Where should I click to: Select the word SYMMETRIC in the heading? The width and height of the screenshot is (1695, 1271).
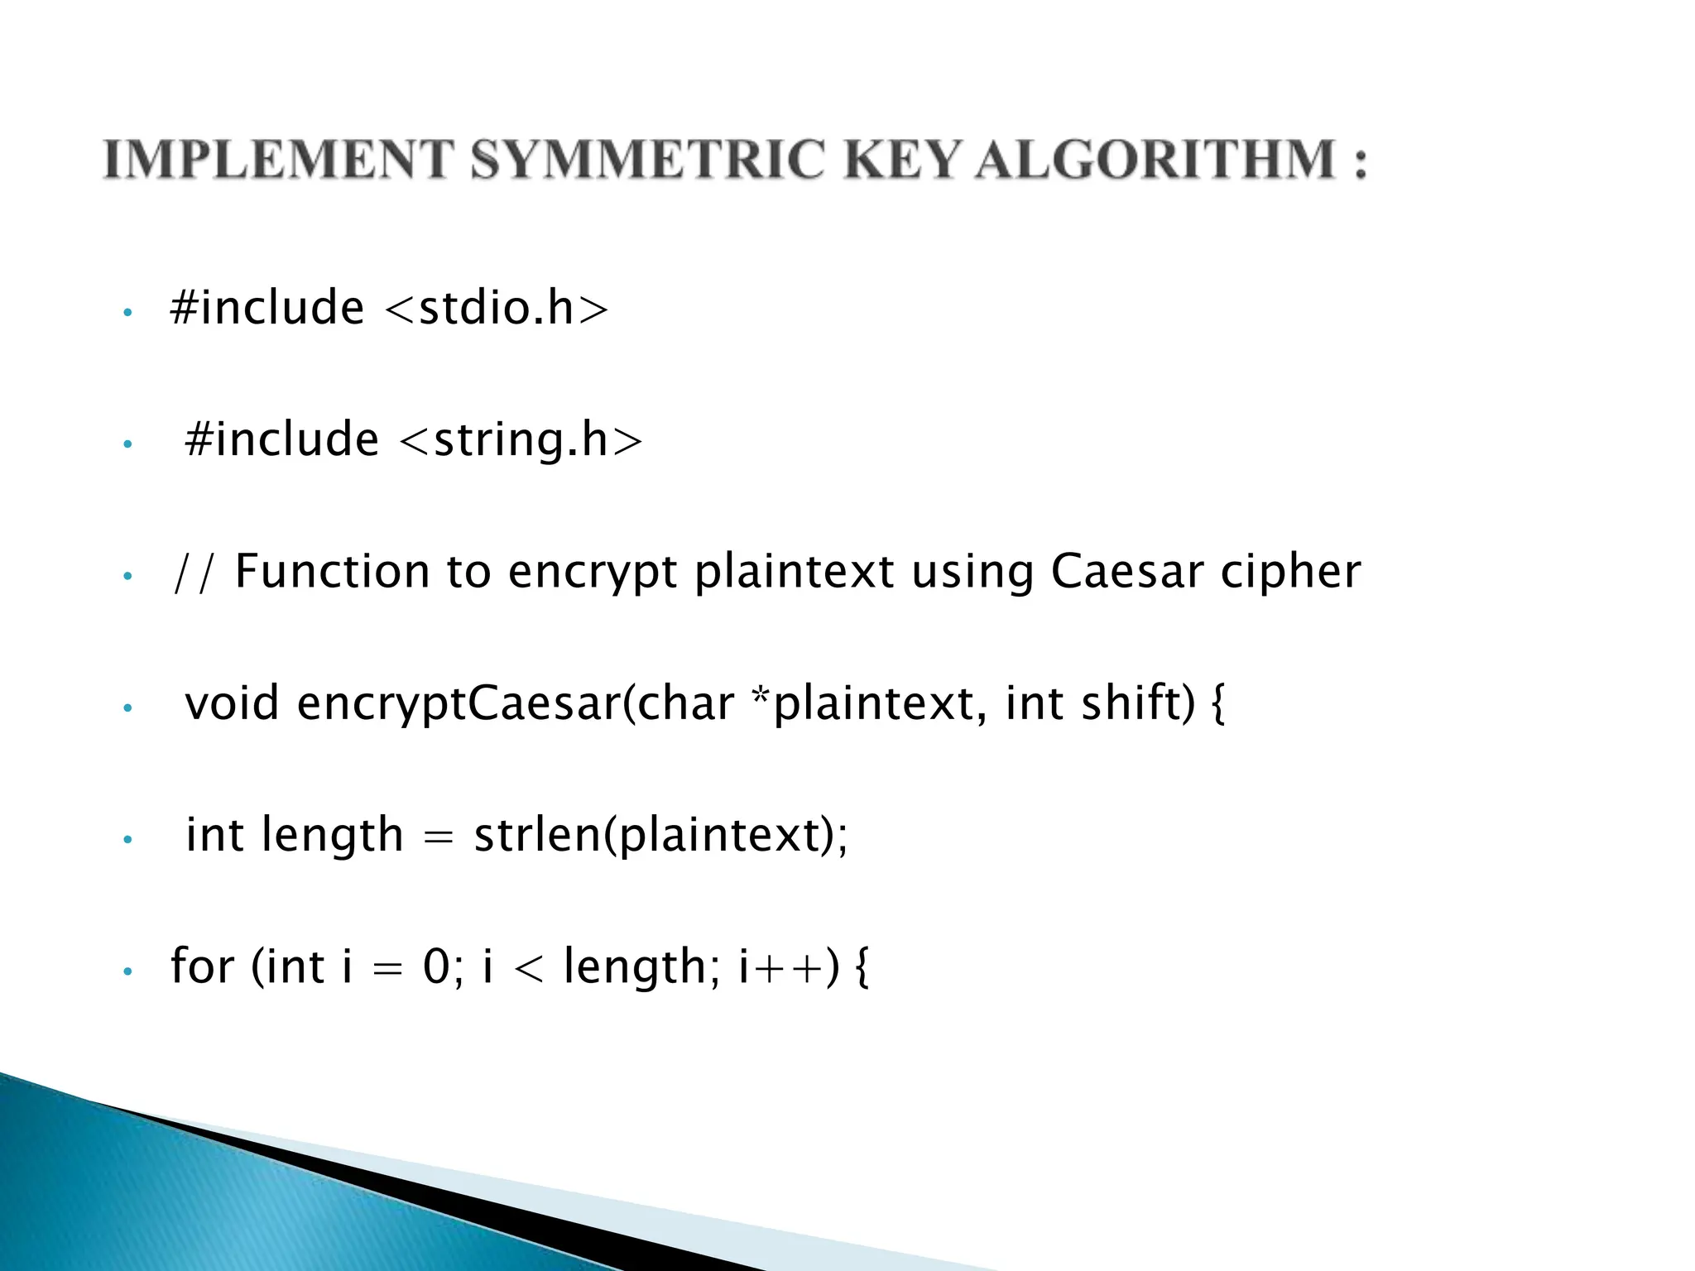[648, 159]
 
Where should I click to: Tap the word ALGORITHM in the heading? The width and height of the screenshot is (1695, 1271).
[1155, 159]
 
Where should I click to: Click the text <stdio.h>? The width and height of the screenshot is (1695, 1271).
[497, 308]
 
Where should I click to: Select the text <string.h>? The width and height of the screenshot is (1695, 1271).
[521, 439]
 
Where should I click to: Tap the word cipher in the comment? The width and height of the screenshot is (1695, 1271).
[1290, 571]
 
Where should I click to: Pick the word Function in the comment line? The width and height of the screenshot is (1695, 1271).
[332, 571]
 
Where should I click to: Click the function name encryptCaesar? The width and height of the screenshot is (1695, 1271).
[455, 703]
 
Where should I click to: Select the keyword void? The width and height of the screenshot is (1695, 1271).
[232, 703]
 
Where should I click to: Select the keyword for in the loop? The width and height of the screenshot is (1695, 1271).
[202, 966]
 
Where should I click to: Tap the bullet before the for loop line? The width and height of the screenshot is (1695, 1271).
[127, 971]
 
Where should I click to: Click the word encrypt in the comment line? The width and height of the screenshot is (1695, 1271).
[593, 573]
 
